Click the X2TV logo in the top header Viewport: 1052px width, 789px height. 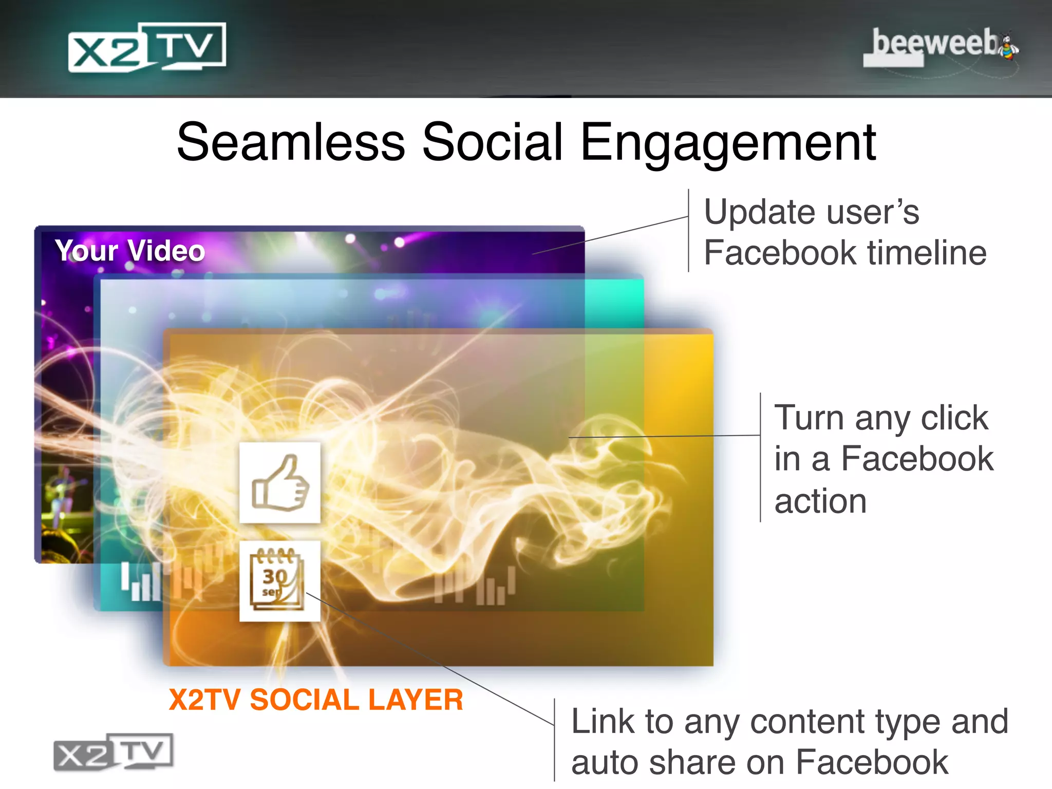147,47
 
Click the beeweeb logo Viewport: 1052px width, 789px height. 935,45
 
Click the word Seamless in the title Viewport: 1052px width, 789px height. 291,142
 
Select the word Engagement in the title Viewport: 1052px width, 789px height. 728,144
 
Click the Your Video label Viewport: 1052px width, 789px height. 130,251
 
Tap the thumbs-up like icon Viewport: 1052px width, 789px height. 280,483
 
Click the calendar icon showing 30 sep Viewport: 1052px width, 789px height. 280,581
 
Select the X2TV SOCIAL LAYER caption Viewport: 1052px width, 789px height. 316,700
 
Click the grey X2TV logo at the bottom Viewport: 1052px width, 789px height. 114,752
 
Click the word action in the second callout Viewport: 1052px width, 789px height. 820,501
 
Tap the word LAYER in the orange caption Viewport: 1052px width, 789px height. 415,700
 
